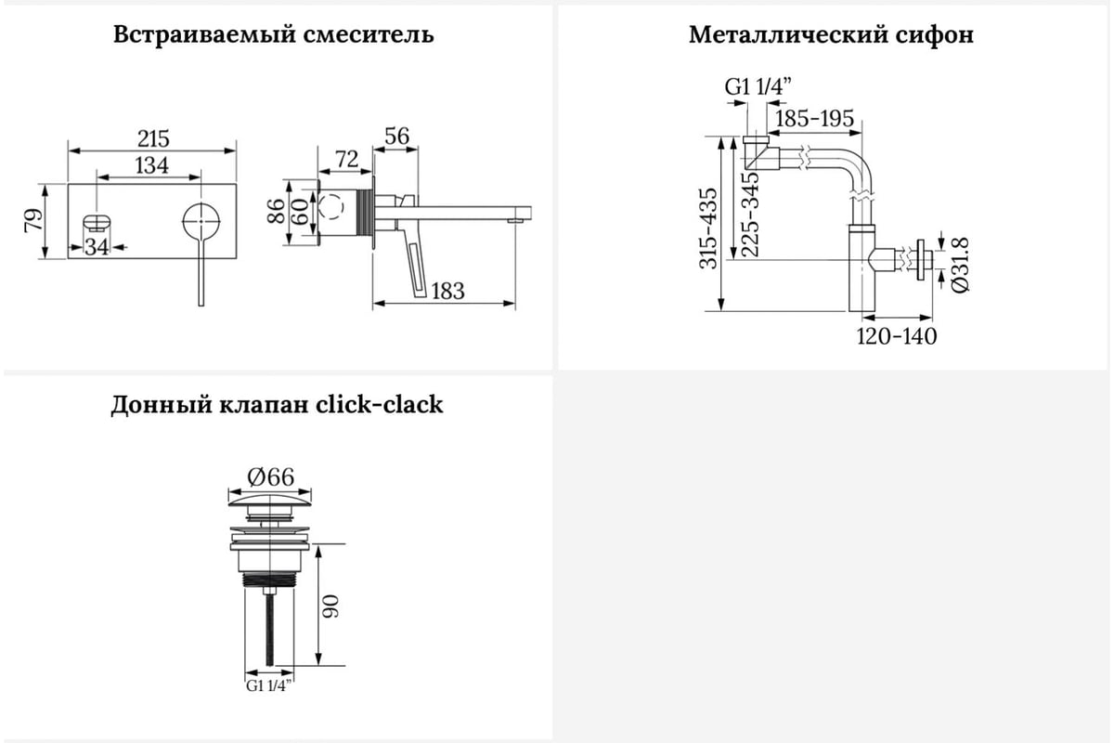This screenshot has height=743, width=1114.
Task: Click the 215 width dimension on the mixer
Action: (x=153, y=138)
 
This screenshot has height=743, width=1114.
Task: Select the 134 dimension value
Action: (x=151, y=164)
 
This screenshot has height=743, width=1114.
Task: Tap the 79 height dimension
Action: (x=33, y=220)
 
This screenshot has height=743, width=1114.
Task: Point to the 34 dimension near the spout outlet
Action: (x=97, y=246)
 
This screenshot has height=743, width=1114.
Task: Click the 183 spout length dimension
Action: (x=447, y=291)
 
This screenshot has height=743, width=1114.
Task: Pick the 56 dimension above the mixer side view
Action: (x=396, y=136)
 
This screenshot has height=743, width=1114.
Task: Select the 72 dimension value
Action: (x=346, y=159)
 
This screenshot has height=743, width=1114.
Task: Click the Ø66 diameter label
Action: (x=270, y=477)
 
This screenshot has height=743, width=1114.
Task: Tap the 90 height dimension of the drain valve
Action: (x=330, y=606)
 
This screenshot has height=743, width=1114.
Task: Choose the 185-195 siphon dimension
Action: (x=814, y=119)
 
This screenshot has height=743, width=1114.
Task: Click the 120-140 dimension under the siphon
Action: (x=896, y=336)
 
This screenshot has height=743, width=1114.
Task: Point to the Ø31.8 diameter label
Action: (x=959, y=265)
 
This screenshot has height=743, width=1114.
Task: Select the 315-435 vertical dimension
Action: (x=708, y=228)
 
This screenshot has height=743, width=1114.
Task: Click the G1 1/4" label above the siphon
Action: (x=758, y=86)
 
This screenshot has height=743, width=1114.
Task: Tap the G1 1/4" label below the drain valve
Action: (x=268, y=685)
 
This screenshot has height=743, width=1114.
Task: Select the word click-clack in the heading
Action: (x=379, y=404)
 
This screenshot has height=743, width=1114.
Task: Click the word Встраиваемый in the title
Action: (x=203, y=35)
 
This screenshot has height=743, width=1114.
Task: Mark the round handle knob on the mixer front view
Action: (x=201, y=220)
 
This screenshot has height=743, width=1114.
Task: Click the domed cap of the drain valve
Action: (x=269, y=500)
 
